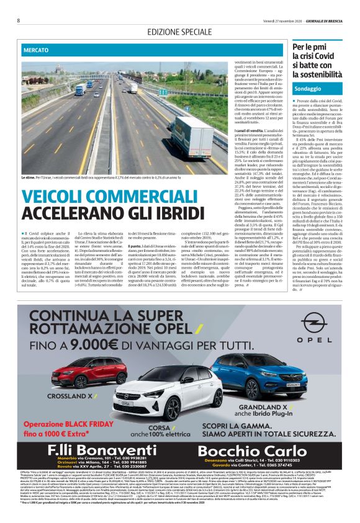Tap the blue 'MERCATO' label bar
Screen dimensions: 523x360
38,49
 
